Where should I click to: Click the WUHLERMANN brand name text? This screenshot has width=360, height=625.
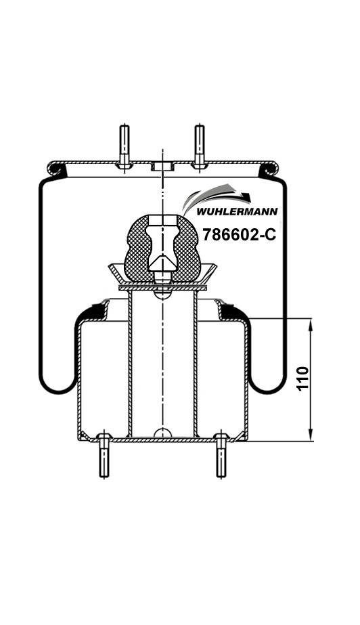click(x=238, y=211)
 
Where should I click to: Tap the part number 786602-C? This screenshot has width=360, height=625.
click(x=240, y=234)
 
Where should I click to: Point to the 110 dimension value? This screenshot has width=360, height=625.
click(x=303, y=379)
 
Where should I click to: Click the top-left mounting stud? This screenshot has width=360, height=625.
click(x=125, y=146)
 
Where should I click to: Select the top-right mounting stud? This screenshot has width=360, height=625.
click(x=199, y=146)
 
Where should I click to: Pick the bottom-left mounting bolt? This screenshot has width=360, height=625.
click(x=104, y=455)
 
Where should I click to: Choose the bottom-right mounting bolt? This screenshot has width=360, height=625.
click(x=222, y=455)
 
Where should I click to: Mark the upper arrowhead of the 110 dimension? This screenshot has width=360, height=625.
click(x=311, y=325)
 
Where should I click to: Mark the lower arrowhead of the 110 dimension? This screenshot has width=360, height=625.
click(x=311, y=435)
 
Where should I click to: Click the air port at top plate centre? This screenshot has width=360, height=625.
click(x=162, y=166)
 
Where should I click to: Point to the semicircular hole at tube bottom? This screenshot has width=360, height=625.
click(x=162, y=433)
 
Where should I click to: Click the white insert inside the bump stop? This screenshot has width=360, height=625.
click(x=162, y=243)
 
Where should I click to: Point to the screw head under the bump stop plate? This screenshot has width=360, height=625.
click(x=162, y=294)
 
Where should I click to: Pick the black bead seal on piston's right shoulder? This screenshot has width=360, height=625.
click(x=230, y=311)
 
